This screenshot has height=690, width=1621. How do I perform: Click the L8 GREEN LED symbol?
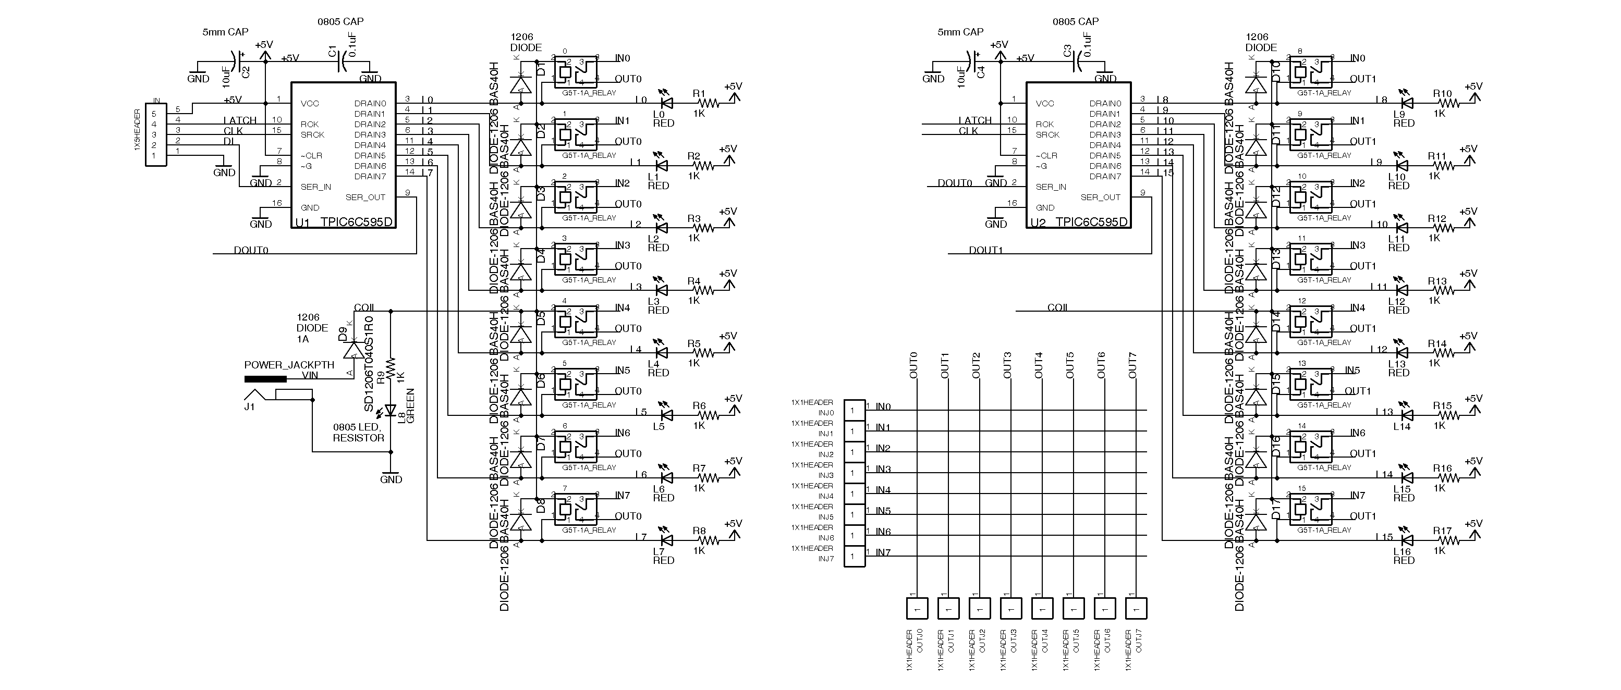tap(390, 411)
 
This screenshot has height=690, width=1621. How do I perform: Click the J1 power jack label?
tap(250, 407)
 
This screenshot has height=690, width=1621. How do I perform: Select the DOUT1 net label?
tap(985, 250)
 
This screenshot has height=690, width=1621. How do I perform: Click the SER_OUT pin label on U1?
tap(365, 197)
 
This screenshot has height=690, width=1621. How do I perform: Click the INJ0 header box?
tap(854, 411)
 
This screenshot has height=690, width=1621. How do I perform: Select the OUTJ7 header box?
tap(1136, 608)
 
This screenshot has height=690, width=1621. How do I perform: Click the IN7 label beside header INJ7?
tap(883, 552)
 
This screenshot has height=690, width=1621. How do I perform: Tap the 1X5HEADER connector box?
tap(155, 134)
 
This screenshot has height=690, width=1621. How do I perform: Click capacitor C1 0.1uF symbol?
tap(344, 60)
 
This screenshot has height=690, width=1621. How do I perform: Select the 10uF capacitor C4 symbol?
tap(973, 61)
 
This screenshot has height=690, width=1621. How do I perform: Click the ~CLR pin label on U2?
tap(1047, 155)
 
